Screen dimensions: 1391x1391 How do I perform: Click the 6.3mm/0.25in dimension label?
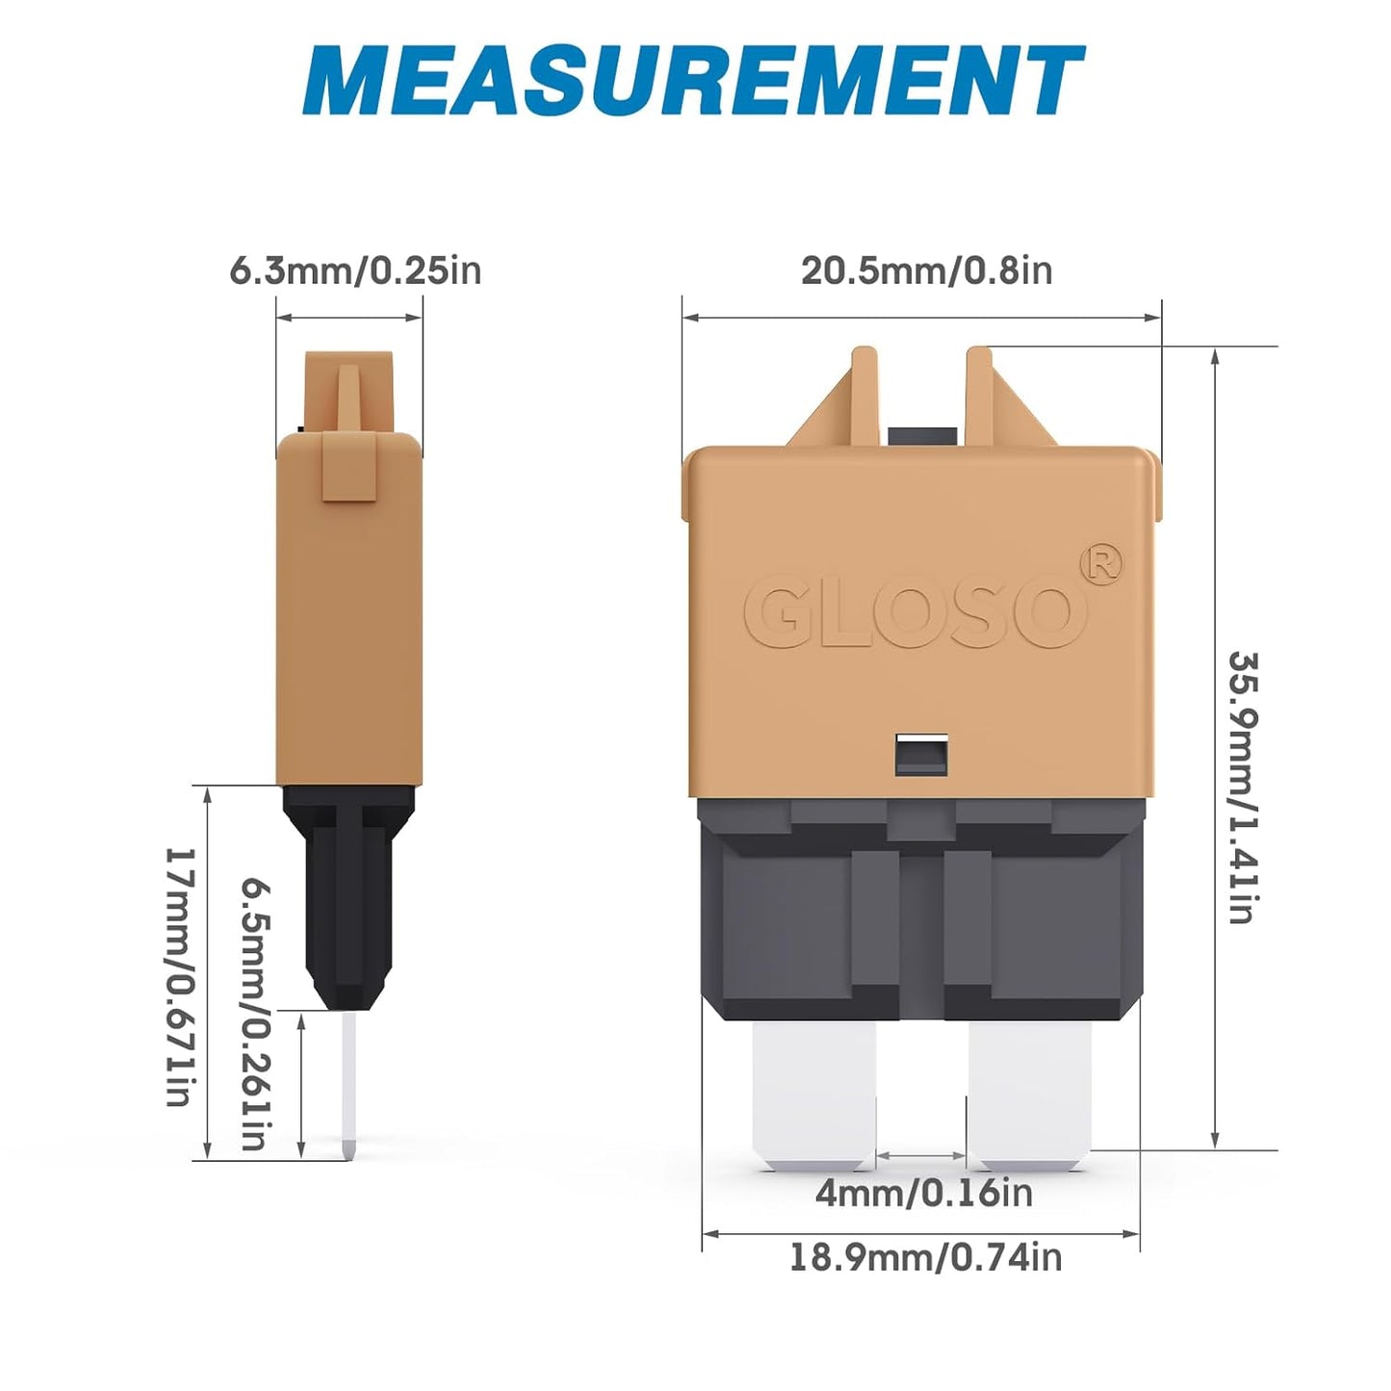pos(354,270)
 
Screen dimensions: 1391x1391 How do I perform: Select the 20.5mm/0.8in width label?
pos(926,270)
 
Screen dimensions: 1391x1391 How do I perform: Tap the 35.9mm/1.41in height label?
pos(1243,786)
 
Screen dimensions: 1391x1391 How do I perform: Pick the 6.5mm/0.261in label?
pos(253,1012)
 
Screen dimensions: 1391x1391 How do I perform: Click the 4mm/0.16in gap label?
pos(923,1193)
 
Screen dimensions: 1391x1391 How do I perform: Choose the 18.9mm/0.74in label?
pos(925,1257)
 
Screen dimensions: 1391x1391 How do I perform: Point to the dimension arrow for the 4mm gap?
pos(921,1155)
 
